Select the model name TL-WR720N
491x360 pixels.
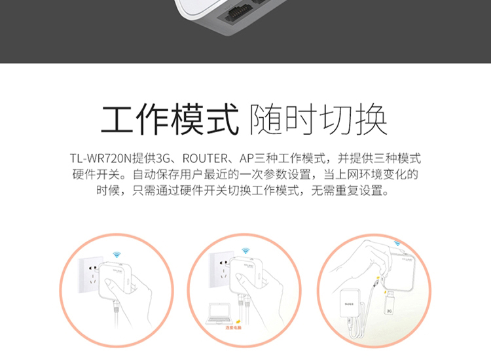tap(100, 159)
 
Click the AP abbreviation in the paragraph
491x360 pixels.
tap(247, 159)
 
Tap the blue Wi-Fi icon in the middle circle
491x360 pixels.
tap(245, 251)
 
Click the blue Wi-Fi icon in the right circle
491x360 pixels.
tap(397, 243)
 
